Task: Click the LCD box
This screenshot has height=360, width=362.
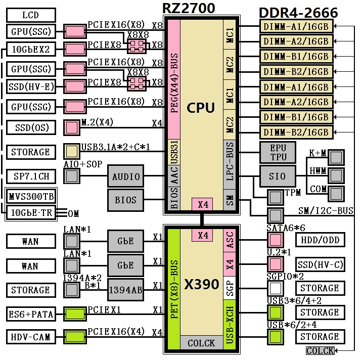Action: coord(30,15)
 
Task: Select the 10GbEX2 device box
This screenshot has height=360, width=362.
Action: coord(30,49)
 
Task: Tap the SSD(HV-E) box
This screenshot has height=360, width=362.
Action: coord(30,87)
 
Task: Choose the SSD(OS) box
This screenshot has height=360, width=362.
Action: coord(30,127)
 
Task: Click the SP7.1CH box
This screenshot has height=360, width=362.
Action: coord(30,176)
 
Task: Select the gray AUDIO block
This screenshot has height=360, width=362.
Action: coord(125,176)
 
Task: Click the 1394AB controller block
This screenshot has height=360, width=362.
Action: coord(125,290)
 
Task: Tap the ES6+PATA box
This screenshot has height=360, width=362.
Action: coord(30,314)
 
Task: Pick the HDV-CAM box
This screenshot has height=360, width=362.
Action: coord(30,337)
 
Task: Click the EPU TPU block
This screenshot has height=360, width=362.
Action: coord(278,152)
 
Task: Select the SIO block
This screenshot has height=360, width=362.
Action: coord(278,176)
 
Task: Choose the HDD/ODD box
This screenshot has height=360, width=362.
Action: coord(320,240)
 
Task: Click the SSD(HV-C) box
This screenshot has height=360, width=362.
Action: coord(320,264)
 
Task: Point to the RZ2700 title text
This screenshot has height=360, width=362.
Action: coord(189,8)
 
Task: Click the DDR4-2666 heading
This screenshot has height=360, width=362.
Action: coord(298,13)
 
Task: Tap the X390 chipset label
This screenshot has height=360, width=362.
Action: coord(201,284)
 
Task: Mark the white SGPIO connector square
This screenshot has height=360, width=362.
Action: coord(275,288)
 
